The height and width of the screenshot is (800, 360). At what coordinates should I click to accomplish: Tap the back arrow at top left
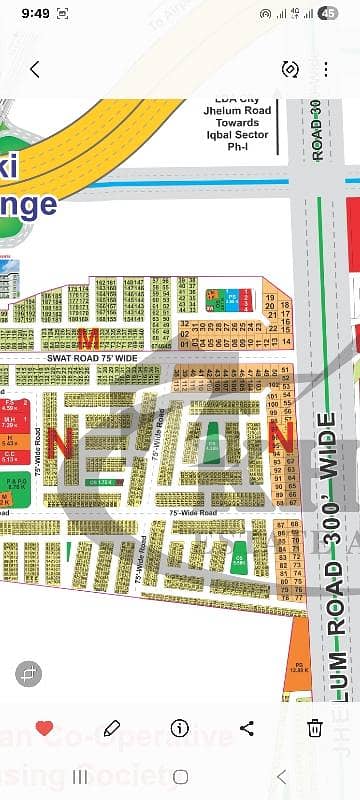click(35, 69)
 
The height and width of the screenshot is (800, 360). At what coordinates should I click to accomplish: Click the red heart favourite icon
click(44, 728)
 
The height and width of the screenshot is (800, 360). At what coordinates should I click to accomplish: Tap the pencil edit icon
click(112, 728)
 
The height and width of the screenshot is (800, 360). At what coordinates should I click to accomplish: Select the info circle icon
click(180, 728)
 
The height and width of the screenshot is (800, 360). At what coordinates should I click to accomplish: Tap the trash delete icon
click(315, 728)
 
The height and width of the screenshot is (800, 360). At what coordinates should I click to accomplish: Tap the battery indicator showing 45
click(329, 15)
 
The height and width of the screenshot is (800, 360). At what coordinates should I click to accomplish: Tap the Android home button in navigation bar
click(180, 776)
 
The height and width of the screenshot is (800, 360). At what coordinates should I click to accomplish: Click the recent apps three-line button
click(80, 776)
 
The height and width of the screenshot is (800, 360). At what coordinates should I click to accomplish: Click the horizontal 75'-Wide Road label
click(193, 512)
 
